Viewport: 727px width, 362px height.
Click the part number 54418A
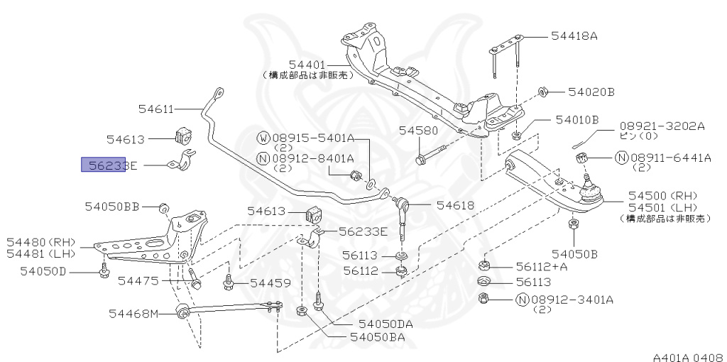click(x=574, y=35)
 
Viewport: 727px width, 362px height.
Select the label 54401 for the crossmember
click(x=307, y=64)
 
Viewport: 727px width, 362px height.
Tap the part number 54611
click(x=155, y=109)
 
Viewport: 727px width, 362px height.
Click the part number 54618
click(x=455, y=205)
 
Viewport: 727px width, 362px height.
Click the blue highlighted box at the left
click(x=104, y=165)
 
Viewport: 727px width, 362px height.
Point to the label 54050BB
click(x=111, y=207)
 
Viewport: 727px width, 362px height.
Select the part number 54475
click(x=138, y=282)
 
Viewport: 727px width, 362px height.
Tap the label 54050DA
click(x=386, y=324)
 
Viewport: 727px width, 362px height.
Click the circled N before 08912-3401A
click(x=522, y=299)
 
